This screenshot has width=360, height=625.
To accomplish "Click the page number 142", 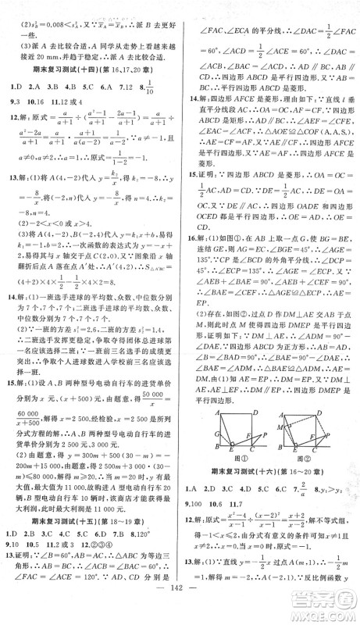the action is tap(179, 609).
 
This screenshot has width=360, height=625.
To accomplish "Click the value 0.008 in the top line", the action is tap(53, 17).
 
